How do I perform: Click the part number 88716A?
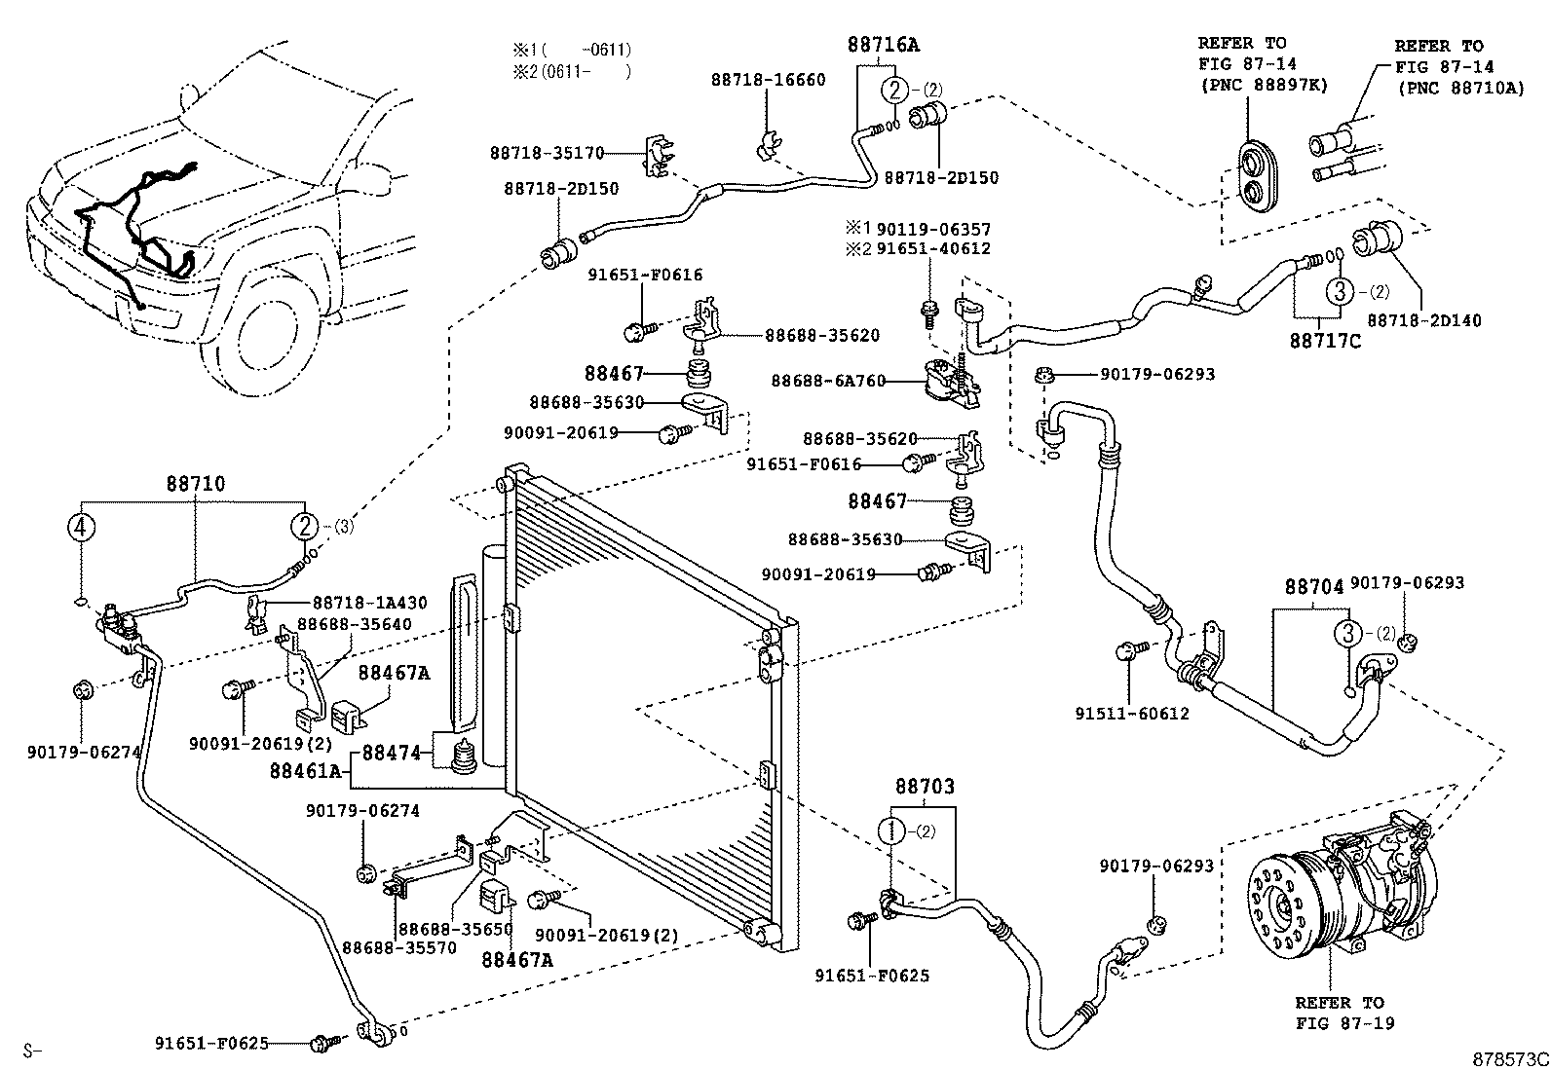click(883, 45)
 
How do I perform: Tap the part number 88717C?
click(1324, 341)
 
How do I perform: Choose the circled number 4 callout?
click(81, 527)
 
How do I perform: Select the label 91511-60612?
click(1132, 714)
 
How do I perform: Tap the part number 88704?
click(1313, 587)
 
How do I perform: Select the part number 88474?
click(392, 753)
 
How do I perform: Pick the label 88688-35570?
click(398, 946)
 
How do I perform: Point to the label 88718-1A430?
click(369, 603)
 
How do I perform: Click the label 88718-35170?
click(547, 153)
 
